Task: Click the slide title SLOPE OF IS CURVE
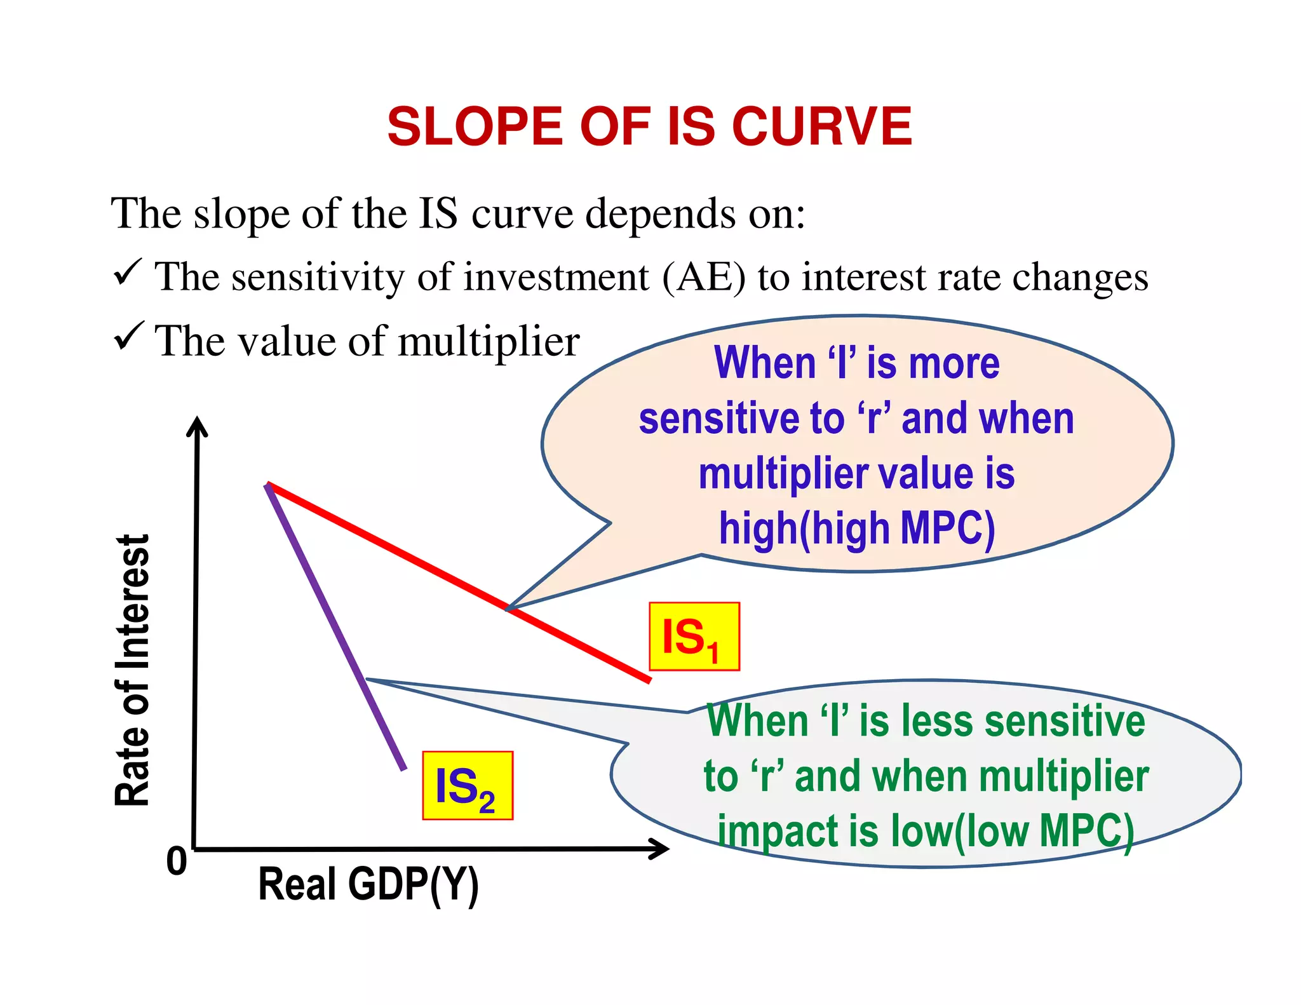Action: click(649, 126)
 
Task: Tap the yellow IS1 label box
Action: click(694, 637)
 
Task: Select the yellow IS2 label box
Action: click(468, 786)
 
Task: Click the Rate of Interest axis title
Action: click(132, 670)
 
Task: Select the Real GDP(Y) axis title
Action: click(368, 884)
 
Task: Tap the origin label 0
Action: click(177, 861)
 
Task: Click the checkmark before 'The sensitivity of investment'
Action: click(128, 273)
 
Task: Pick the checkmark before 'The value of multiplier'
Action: click(128, 336)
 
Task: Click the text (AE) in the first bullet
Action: click(703, 278)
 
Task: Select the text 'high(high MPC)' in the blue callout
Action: click(856, 529)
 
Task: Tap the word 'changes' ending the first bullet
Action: click(1080, 278)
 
